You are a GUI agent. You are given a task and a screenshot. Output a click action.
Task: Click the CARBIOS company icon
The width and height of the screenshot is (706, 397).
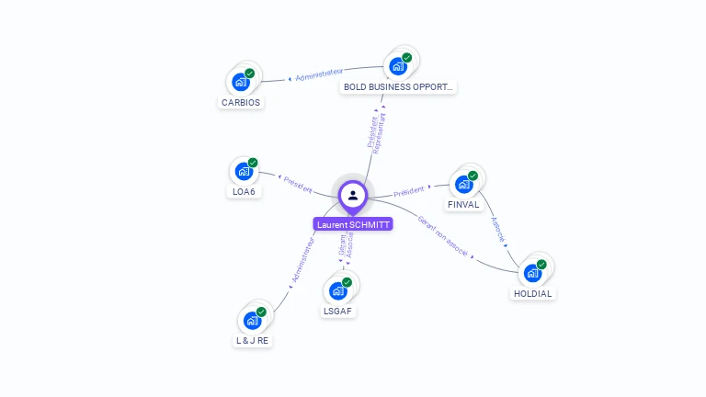pyautogui.click(x=242, y=81)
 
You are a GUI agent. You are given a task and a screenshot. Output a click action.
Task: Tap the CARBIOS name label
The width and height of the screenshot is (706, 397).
pyautogui.click(x=241, y=103)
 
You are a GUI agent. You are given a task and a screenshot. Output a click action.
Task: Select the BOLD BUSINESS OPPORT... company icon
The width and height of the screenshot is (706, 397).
pyautogui.click(x=398, y=65)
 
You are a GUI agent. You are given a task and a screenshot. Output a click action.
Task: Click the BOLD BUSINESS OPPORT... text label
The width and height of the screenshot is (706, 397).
pyautogui.click(x=398, y=87)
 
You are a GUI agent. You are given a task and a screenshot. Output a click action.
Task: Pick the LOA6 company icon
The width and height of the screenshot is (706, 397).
pyautogui.click(x=244, y=171)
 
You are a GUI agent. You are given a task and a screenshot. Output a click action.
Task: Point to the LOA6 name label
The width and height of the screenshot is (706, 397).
pyautogui.click(x=243, y=192)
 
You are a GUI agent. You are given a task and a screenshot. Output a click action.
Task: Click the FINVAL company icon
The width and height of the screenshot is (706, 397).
pyautogui.click(x=464, y=183)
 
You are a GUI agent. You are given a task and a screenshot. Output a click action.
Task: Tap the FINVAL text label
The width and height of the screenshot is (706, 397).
pyautogui.click(x=463, y=204)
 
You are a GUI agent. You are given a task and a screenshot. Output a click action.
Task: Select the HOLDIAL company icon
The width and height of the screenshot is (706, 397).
pyautogui.click(x=533, y=272)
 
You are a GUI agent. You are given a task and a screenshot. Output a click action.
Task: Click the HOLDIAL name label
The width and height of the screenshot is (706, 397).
pyautogui.click(x=533, y=294)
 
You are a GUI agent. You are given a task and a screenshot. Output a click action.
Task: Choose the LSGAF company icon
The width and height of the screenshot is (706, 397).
pyautogui.click(x=338, y=290)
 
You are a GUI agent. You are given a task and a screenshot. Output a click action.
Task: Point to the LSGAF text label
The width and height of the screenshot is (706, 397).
pyautogui.click(x=338, y=312)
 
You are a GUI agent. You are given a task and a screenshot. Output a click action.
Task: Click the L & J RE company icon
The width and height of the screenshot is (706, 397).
pyautogui.click(x=252, y=320)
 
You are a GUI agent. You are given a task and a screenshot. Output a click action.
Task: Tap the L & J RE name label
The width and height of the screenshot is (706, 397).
pyautogui.click(x=252, y=341)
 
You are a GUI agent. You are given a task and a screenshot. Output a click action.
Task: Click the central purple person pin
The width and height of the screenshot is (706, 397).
pyautogui.click(x=353, y=195)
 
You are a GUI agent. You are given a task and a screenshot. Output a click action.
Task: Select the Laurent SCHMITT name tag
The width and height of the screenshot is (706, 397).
pyautogui.click(x=353, y=224)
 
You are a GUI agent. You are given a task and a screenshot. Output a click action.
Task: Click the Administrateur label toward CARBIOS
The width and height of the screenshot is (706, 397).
pyautogui.click(x=319, y=74)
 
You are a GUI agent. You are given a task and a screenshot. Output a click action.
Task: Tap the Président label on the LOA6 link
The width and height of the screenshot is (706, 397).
pyautogui.click(x=298, y=184)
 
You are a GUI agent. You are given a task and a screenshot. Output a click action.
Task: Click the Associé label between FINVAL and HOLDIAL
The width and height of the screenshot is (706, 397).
pyautogui.click(x=497, y=230)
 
